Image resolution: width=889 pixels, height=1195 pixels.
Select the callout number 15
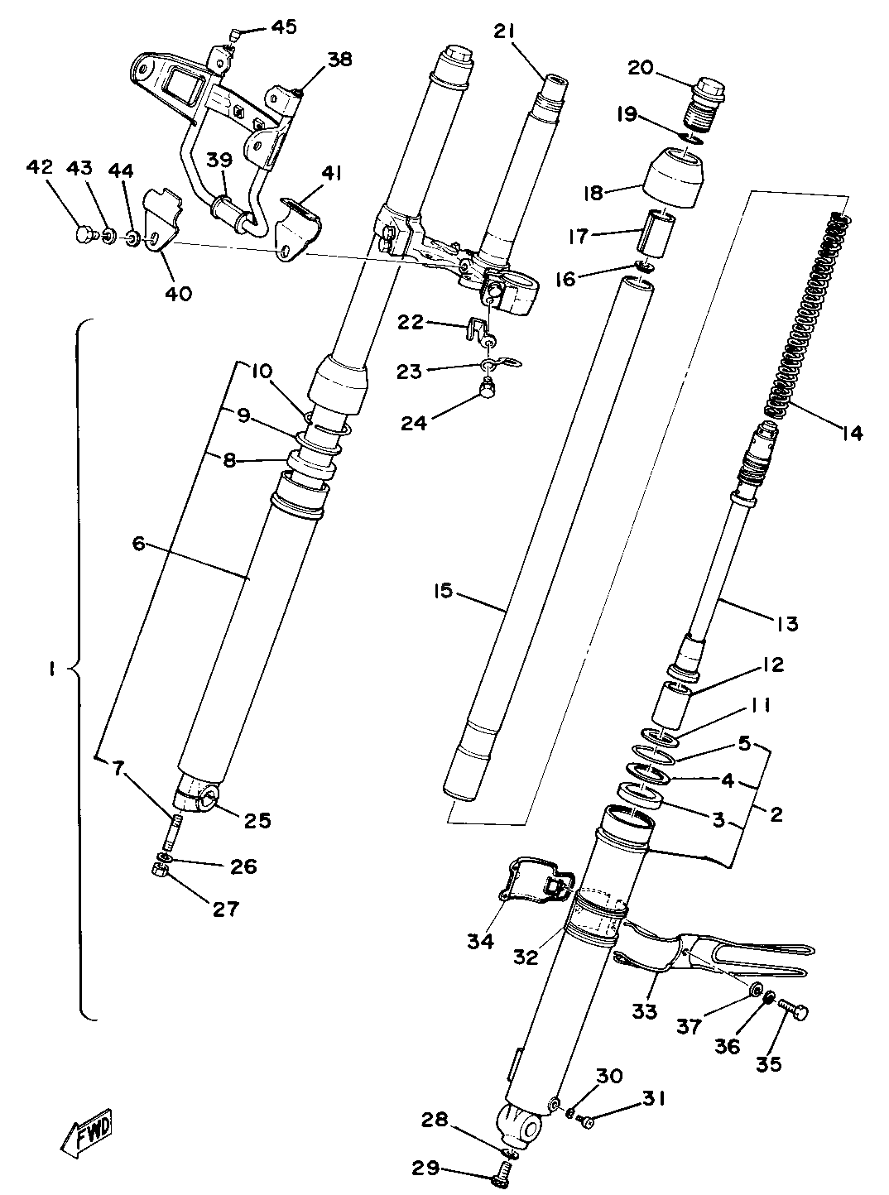pyautogui.click(x=444, y=591)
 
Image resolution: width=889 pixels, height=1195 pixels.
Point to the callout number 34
pyautogui.click(x=480, y=941)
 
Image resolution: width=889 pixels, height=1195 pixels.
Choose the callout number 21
pyautogui.click(x=505, y=31)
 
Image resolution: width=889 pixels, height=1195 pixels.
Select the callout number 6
pyautogui.click(x=138, y=543)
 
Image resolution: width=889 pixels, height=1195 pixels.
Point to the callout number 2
pyautogui.click(x=776, y=814)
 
